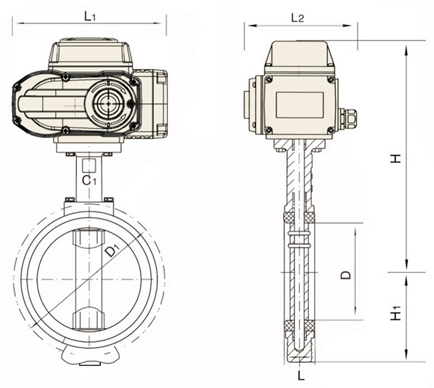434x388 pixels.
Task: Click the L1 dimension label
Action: point(90,16)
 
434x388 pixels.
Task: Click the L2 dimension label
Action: point(297,18)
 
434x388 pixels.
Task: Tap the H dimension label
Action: point(394,158)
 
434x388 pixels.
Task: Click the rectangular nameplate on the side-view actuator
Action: point(300,104)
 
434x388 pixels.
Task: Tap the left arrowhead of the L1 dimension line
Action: point(17,23)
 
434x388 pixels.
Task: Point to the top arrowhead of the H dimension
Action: point(406,45)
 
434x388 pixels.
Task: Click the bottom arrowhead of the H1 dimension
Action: point(406,358)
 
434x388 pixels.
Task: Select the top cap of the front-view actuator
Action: point(91,54)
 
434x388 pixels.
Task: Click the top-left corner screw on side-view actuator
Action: point(268,80)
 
